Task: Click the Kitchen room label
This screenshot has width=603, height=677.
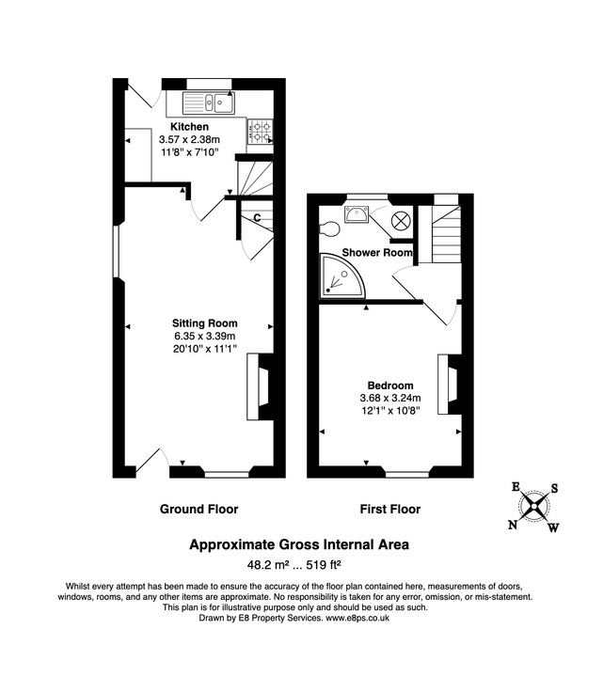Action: point(189,127)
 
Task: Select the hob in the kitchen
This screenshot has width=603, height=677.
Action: point(260,130)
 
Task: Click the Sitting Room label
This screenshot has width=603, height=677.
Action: point(198,323)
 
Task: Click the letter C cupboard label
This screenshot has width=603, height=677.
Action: point(256,219)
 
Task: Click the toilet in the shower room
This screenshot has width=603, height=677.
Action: point(328,228)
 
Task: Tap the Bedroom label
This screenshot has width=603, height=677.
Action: point(390,386)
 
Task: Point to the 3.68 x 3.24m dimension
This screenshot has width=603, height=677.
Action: point(390,398)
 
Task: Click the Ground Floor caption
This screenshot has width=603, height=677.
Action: point(198,509)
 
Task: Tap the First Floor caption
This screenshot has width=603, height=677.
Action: point(390,509)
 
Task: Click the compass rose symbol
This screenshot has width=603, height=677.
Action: point(533,506)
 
